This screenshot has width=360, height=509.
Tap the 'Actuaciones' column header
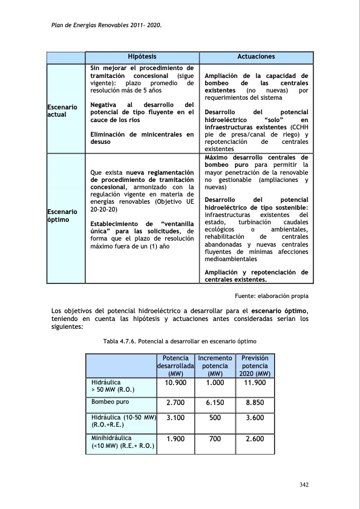click(256, 56)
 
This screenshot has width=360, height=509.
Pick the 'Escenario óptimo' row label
click(62, 216)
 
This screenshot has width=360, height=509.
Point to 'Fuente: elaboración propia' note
click(271, 296)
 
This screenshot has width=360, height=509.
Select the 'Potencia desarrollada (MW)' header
click(175, 366)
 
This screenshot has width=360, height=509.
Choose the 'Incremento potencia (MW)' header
click(215, 366)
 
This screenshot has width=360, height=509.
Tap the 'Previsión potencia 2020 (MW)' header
click(255, 366)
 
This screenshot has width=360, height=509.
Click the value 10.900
click(175, 383)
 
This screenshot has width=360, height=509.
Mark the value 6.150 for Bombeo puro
click(215, 402)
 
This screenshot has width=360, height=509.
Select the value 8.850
click(255, 402)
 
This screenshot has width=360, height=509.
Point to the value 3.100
click(175, 417)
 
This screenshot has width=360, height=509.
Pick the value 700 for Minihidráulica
click(215, 439)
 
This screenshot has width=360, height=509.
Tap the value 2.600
click(255, 439)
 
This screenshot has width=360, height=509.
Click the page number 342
click(305, 485)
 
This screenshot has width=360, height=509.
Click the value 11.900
click(255, 383)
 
